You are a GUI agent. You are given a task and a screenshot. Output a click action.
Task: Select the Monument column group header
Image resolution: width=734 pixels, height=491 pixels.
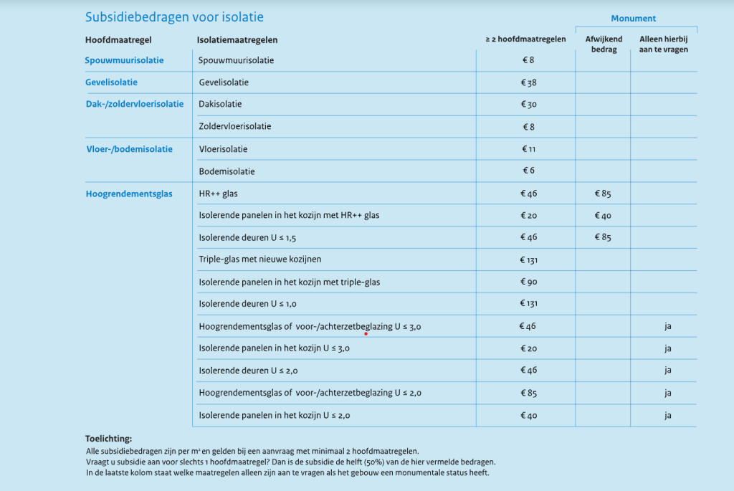(x=633, y=19)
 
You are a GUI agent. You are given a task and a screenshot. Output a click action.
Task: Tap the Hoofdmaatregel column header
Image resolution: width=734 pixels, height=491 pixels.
(x=118, y=40)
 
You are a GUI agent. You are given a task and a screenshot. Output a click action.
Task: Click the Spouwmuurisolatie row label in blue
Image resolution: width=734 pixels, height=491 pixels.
(x=124, y=60)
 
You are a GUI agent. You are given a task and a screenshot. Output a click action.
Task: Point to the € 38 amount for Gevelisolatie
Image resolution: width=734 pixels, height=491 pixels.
(x=528, y=82)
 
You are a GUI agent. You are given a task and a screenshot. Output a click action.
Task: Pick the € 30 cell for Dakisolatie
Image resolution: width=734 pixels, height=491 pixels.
(x=528, y=105)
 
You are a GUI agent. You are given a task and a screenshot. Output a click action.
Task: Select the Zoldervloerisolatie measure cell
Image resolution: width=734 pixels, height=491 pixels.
(x=235, y=127)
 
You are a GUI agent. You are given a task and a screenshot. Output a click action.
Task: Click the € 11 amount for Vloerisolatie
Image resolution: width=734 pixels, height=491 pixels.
(x=528, y=149)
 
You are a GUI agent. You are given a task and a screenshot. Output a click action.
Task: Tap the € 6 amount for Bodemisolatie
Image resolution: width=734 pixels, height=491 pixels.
(x=528, y=171)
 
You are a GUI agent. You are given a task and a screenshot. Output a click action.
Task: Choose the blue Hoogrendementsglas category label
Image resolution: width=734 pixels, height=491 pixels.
(x=129, y=194)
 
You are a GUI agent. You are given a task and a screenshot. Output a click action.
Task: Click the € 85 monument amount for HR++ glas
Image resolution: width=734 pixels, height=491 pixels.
(x=602, y=194)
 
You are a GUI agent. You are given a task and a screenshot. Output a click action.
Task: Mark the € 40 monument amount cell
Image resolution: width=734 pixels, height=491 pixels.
(x=602, y=216)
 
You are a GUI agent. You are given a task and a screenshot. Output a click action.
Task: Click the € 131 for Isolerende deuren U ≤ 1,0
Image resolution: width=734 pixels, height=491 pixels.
(x=528, y=304)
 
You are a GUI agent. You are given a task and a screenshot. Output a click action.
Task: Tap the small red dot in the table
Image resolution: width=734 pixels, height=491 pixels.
(x=366, y=333)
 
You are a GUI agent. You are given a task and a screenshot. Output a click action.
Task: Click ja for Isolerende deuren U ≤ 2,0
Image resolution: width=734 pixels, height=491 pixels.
(x=667, y=371)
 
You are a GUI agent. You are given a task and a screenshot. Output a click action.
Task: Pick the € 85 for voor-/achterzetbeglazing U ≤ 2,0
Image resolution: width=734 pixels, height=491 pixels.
(x=528, y=393)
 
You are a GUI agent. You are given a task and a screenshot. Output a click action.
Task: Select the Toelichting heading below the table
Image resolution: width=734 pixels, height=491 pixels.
(x=108, y=439)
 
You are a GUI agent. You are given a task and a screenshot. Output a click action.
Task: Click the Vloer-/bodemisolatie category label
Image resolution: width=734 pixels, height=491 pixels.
(x=129, y=149)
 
